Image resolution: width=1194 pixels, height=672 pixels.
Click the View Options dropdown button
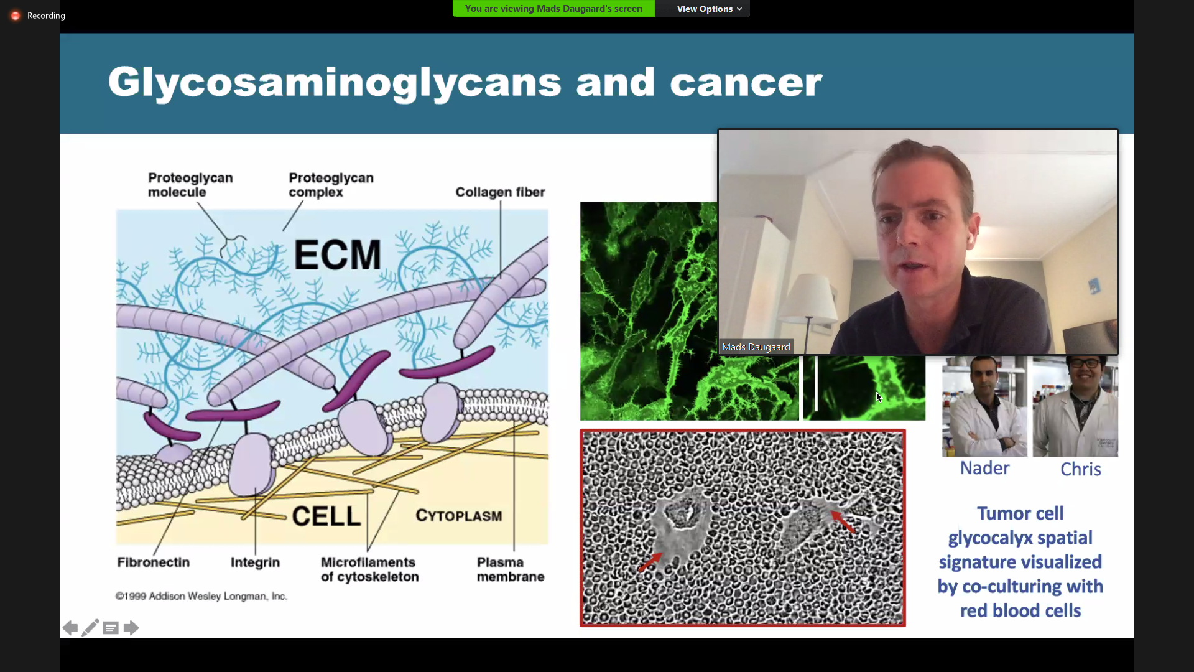(709, 9)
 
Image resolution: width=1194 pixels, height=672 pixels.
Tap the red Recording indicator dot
(16, 16)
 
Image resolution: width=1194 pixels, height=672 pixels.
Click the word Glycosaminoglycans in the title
(335, 83)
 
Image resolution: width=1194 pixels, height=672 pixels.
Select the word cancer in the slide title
(746, 83)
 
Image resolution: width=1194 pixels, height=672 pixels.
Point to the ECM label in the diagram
(337, 254)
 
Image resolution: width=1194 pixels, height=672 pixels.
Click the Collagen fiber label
(500, 192)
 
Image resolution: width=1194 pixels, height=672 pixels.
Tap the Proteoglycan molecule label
(190, 185)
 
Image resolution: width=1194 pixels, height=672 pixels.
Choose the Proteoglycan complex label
(331, 185)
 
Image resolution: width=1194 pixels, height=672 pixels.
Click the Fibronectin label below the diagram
(153, 562)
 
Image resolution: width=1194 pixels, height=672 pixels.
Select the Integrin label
(255, 562)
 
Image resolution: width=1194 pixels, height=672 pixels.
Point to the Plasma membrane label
(511, 569)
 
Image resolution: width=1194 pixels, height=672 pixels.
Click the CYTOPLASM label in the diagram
(459, 516)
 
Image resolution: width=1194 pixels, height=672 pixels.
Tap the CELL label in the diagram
(326, 516)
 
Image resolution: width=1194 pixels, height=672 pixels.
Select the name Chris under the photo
(1080, 469)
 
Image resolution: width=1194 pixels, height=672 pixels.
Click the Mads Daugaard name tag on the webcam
(756, 347)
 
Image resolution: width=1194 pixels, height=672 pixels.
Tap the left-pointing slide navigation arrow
(70, 628)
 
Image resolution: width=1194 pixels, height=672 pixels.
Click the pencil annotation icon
(90, 628)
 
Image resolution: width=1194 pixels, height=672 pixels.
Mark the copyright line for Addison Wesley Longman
(201, 596)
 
